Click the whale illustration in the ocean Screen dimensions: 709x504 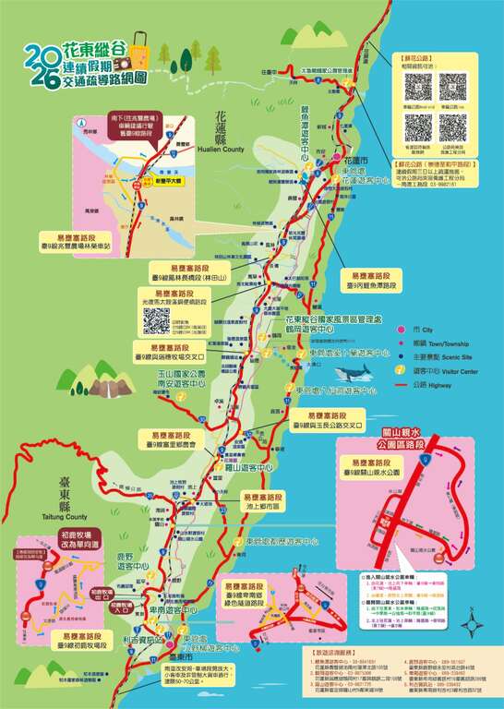352,372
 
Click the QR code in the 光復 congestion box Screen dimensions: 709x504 156,320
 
